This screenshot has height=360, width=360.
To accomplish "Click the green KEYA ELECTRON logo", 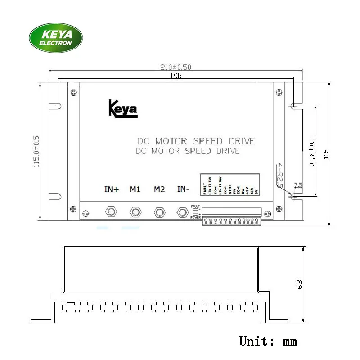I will click(x=56, y=38).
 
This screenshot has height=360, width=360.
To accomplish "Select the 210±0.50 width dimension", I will click(x=176, y=67).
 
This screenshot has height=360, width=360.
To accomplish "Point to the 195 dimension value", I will click(x=176, y=76).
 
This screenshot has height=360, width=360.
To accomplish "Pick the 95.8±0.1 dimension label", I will click(x=312, y=152).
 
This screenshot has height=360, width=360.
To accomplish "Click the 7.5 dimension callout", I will click(x=297, y=185).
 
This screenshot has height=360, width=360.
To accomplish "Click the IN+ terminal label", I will click(x=111, y=189).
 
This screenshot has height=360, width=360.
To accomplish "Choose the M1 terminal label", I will click(x=135, y=189).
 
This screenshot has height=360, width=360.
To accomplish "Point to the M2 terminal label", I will click(x=159, y=189).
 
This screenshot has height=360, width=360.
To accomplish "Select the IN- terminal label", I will click(x=183, y=189).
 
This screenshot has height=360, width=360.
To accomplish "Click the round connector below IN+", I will click(x=111, y=211).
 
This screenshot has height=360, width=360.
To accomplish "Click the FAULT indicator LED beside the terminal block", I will click(x=196, y=209).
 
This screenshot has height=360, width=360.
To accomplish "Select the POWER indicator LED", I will click(x=196, y=214).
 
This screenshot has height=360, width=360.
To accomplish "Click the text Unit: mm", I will click(x=268, y=341).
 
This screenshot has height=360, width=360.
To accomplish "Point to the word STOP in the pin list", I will click(x=230, y=188).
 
